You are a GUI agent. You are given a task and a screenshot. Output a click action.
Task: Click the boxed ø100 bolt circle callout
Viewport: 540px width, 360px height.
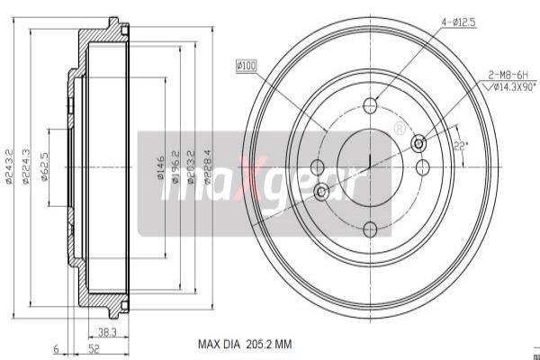coord(246,65)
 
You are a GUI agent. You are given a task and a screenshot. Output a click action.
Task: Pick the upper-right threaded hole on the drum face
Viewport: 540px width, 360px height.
coord(418,144)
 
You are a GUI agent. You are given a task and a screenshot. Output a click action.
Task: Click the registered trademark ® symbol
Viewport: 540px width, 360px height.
coord(400,129)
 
